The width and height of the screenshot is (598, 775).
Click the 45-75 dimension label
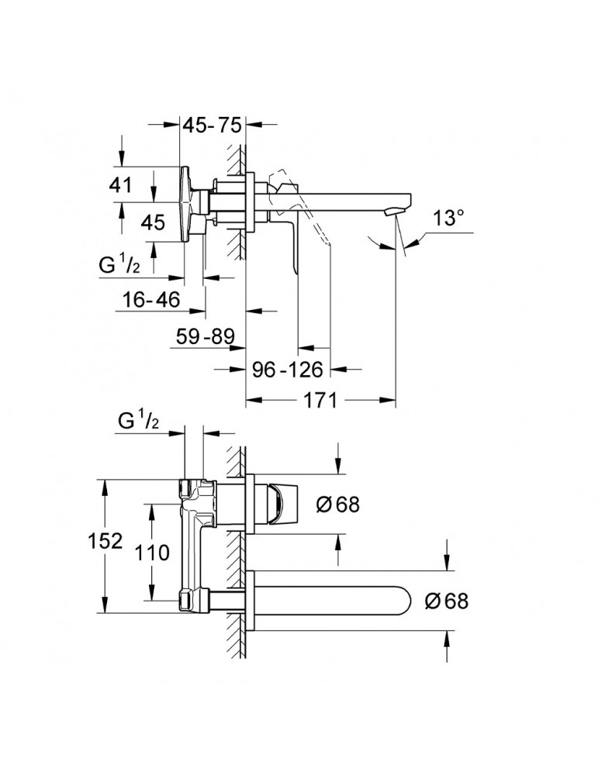pyautogui.click(x=212, y=125)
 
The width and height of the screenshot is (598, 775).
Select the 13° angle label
pyautogui.click(x=454, y=218)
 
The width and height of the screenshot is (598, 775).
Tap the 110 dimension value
pyautogui.click(x=152, y=553)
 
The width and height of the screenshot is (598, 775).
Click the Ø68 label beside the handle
pyautogui.click(x=337, y=504)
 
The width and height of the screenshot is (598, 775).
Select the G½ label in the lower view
pyautogui.click(x=139, y=422)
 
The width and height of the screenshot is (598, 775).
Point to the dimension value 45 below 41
pyautogui.click(x=153, y=223)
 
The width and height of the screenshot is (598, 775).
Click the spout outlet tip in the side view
pyautogui.click(x=396, y=212)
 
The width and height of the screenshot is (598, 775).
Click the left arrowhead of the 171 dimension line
pyautogui.click(x=251, y=401)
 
